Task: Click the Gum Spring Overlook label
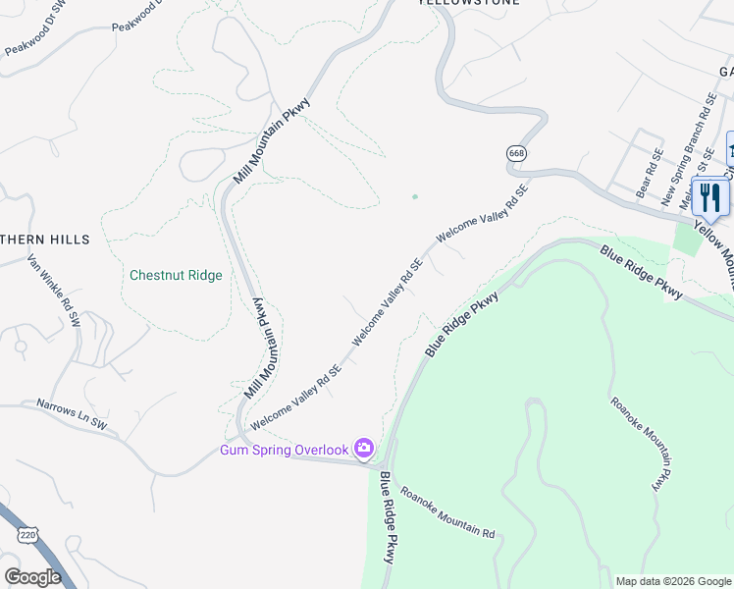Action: coord(284,450)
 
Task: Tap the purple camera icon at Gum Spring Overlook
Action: coord(364,449)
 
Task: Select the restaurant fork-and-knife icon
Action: coord(710,197)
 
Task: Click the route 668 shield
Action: coord(516,154)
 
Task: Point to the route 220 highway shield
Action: coord(26,533)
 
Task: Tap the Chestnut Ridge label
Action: coord(176,275)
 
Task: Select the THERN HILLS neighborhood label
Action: coord(45,240)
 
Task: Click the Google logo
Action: coord(32,577)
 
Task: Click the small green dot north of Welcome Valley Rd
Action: coord(415,196)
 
